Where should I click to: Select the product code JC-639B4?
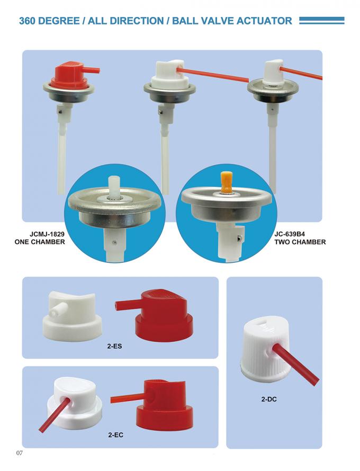pyautogui.click(x=300, y=234)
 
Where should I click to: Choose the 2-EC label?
pyautogui.click(x=116, y=434)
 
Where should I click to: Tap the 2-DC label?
pyautogui.click(x=269, y=399)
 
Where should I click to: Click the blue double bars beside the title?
pyautogui.click(x=321, y=20)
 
